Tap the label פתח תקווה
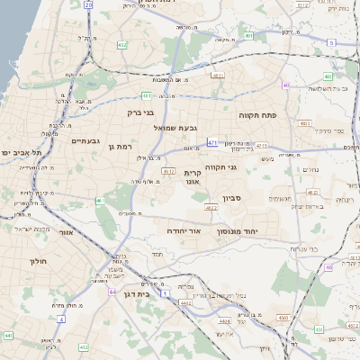(256, 116)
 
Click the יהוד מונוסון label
(238, 231)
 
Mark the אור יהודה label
(182, 231)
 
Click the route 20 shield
(88, 4)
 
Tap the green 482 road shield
(122, 43)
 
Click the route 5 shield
(331, 42)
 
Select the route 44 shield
(112, 292)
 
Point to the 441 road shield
(7, 336)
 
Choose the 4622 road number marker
(211, 208)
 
